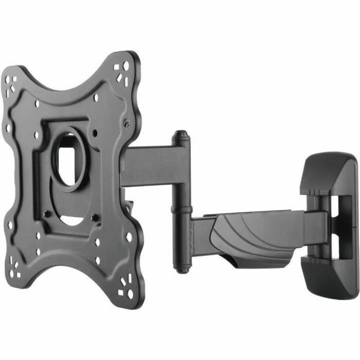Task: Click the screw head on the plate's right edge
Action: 128,123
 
